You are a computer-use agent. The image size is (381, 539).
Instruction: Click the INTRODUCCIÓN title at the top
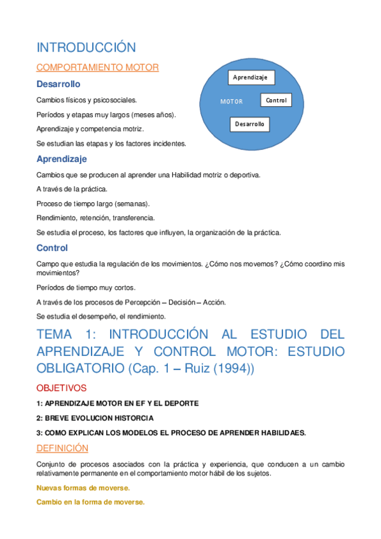click(87, 48)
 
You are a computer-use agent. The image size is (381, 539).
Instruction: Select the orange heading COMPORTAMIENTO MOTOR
click(97, 67)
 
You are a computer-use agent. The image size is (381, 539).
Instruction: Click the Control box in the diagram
click(276, 100)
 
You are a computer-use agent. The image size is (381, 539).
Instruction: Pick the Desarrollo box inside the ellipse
click(249, 124)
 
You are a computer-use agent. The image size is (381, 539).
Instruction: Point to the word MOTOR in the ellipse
click(231, 101)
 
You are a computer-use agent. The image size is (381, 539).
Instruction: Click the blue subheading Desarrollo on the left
click(59, 84)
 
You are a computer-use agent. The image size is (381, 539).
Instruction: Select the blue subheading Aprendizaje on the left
click(62, 159)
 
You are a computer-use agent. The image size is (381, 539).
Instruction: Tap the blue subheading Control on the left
click(52, 248)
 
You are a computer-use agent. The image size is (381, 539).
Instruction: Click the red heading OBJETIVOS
click(62, 387)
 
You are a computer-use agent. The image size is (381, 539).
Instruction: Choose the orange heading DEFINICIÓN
click(62, 448)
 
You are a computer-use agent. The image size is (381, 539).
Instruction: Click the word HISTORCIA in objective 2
click(131, 418)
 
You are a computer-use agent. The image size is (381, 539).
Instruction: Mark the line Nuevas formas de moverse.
click(83, 488)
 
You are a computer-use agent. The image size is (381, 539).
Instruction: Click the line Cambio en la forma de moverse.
click(91, 501)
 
